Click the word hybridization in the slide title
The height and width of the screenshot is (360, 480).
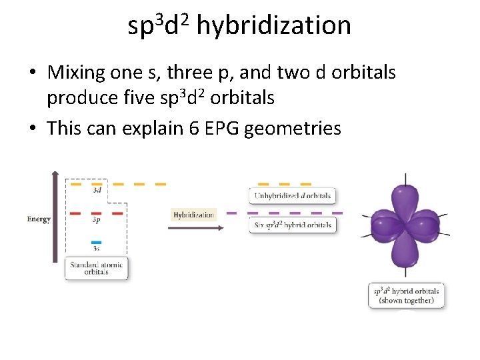[x=273, y=25]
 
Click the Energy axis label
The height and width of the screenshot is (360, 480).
[x=39, y=219]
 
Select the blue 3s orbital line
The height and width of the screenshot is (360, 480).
[x=96, y=242]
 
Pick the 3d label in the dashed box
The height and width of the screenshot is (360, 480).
[x=97, y=189]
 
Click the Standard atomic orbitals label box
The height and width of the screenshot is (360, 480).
[x=97, y=268]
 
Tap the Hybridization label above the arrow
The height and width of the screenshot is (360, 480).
[x=194, y=215]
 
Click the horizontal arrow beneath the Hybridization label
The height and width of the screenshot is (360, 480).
[x=193, y=227]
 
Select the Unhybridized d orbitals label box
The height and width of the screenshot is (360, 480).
[x=292, y=195]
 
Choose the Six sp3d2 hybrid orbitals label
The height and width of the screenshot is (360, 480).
[x=292, y=225]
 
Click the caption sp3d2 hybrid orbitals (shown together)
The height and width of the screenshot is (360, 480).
[x=406, y=295]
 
